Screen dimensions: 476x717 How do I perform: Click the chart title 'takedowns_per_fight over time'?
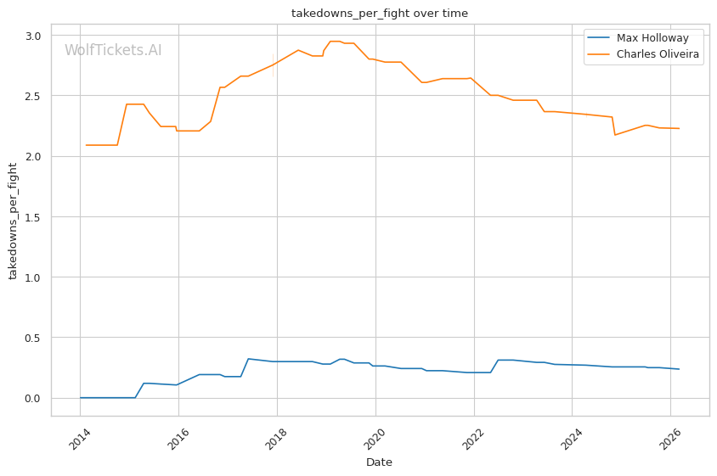click(x=380, y=14)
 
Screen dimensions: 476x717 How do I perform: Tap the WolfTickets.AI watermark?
click(x=113, y=50)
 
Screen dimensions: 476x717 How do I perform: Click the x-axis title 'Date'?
click(x=379, y=462)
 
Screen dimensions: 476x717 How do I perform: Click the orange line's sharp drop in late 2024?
click(x=613, y=126)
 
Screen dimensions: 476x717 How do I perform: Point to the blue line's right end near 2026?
click(x=679, y=369)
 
